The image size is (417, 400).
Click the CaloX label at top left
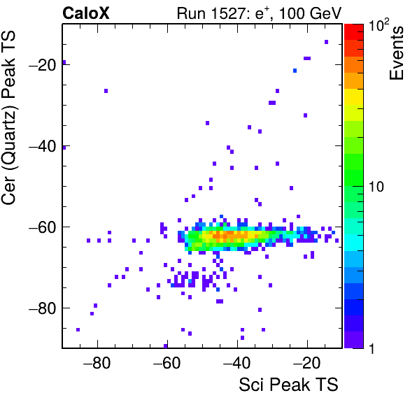tap(86, 13)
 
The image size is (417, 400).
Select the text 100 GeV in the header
tap(310, 13)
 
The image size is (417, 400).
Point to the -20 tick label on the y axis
tap(43, 65)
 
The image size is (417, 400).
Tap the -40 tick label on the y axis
tap(43, 146)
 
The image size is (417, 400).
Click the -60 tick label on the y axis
tap(43, 227)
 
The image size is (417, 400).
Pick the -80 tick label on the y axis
tap(43, 308)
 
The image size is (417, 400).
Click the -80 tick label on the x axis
tap(97, 362)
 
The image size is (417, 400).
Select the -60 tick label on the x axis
tap(167, 362)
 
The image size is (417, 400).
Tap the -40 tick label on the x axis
tap(237, 362)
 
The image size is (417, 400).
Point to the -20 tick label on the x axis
tap(307, 362)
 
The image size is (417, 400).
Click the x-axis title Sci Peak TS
tap(288, 385)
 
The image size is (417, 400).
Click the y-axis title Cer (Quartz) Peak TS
tap(8, 118)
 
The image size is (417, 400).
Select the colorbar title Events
tap(396, 53)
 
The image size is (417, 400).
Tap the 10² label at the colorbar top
tap(379, 25)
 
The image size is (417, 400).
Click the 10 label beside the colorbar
tap(376, 187)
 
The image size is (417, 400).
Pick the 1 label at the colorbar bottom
tap(372, 348)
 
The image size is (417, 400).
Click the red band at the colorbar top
tap(354, 32)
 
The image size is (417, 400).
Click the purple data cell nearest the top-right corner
tap(326, 42)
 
